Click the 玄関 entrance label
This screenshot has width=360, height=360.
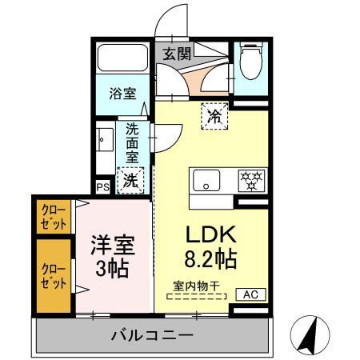[177, 54]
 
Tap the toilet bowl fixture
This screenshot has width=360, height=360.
[251, 61]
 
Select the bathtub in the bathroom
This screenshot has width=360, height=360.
[122, 58]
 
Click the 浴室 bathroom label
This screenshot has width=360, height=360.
[122, 94]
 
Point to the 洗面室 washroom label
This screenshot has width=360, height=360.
[132, 143]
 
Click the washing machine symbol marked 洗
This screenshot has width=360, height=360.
[130, 180]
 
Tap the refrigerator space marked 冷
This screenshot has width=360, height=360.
[214, 116]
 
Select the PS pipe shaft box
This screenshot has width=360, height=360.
[103, 187]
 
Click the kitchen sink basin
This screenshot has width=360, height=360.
[206, 180]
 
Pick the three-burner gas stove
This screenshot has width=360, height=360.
[252, 181]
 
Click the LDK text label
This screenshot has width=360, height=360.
[211, 234]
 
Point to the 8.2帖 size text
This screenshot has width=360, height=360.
[210, 258]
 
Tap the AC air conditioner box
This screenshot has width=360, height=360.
[251, 294]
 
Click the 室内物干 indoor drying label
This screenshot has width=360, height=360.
[196, 286]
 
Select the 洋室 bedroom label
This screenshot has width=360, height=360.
[113, 245]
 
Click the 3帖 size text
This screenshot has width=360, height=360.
[112, 269]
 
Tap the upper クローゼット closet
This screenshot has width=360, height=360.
[54, 217]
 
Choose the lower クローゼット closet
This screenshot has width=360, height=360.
[54, 276]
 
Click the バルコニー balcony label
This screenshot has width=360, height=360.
[152, 334]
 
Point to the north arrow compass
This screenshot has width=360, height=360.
[310, 335]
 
